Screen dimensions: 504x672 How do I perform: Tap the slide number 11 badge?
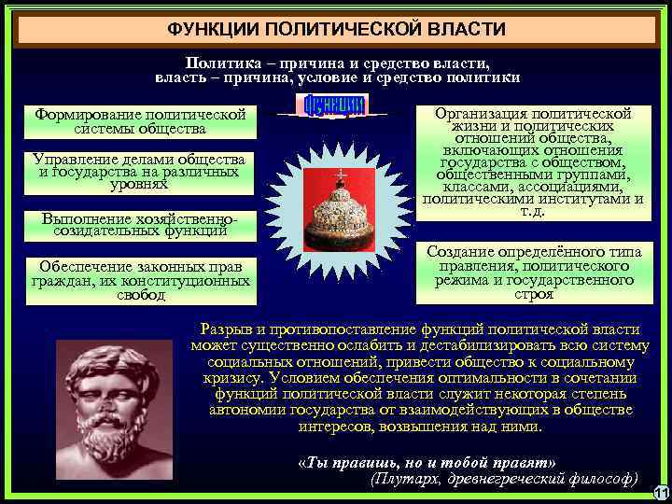coord(659,493)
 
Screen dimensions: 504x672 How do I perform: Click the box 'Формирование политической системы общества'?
coord(140,121)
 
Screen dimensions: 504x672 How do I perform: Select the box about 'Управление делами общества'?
coord(140,172)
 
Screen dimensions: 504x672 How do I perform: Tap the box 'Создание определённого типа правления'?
coord(533,273)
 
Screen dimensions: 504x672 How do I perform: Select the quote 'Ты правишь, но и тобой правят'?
coord(425,463)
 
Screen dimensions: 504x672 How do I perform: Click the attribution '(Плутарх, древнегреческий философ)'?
coord(504,478)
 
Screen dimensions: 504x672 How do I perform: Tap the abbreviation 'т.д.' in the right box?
coord(533,211)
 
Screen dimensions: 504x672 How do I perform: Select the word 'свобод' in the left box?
coord(140,296)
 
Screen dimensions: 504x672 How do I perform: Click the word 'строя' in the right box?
coord(533,294)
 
